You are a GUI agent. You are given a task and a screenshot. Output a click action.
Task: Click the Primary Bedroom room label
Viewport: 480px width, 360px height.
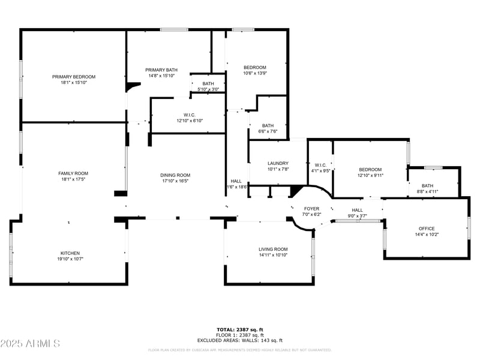[73, 77]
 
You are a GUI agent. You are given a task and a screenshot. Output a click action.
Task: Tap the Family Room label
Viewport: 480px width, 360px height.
[73, 173]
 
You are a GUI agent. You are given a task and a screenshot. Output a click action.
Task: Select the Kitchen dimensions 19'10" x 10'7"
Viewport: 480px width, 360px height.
[70, 260]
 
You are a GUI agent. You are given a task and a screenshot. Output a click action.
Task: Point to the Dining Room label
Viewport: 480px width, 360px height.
[175, 175]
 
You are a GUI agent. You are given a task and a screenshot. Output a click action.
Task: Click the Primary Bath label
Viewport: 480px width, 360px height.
[161, 70]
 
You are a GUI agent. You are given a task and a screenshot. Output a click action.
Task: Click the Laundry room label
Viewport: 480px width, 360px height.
[278, 163]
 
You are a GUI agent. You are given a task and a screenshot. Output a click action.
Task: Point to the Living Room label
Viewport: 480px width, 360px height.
[273, 249]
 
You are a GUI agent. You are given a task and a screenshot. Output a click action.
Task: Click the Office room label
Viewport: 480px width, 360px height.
[426, 229]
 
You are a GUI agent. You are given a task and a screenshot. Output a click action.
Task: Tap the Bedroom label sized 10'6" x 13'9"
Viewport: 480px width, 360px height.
[254, 67]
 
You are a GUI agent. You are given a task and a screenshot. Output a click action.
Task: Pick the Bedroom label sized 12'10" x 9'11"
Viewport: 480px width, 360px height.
[370, 169]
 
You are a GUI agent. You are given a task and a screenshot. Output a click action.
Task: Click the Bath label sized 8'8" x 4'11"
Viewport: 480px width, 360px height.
[427, 186]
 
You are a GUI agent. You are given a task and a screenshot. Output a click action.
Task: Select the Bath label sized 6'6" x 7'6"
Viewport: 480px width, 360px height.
[268, 125]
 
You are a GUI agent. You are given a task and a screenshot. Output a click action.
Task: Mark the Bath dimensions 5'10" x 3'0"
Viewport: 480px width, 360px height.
[208, 89]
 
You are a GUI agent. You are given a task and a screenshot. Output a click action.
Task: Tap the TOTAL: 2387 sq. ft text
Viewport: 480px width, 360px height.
[239, 329]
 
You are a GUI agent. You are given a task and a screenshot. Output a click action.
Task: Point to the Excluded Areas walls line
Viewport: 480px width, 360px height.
[239, 340]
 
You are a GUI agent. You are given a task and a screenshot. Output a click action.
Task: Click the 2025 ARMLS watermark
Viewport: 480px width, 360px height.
[30, 344]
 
